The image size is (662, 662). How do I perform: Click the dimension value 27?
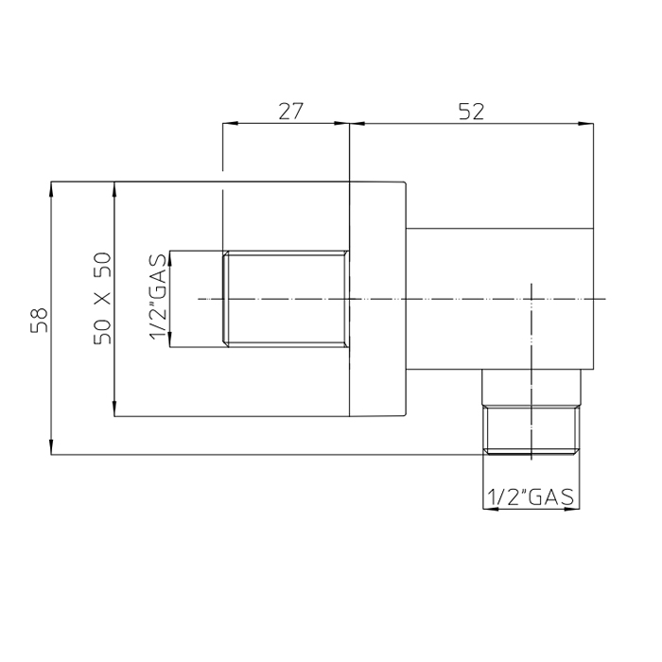point(290,111)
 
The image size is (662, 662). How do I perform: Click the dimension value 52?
point(472,111)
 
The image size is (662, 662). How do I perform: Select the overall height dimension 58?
point(39,319)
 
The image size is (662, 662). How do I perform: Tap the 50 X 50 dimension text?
point(103,298)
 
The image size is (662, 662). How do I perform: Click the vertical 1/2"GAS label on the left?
point(158,299)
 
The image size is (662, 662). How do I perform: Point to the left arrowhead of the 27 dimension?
point(228,123)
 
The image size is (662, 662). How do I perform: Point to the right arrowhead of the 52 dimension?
point(587,123)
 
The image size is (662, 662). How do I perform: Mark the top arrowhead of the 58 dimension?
point(51,188)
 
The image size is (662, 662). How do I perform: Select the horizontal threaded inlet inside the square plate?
point(286,299)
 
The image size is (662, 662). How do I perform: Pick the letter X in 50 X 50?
point(103,298)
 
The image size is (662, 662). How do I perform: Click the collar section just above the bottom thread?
point(531,389)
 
